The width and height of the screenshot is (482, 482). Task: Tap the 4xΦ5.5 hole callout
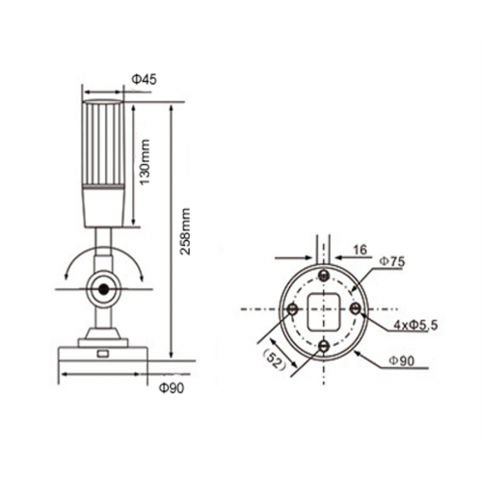click(415, 326)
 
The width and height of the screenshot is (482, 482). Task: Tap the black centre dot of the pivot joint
click(102, 287)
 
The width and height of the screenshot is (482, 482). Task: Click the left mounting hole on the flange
click(292, 308)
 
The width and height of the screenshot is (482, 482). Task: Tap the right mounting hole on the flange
click(358, 308)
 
